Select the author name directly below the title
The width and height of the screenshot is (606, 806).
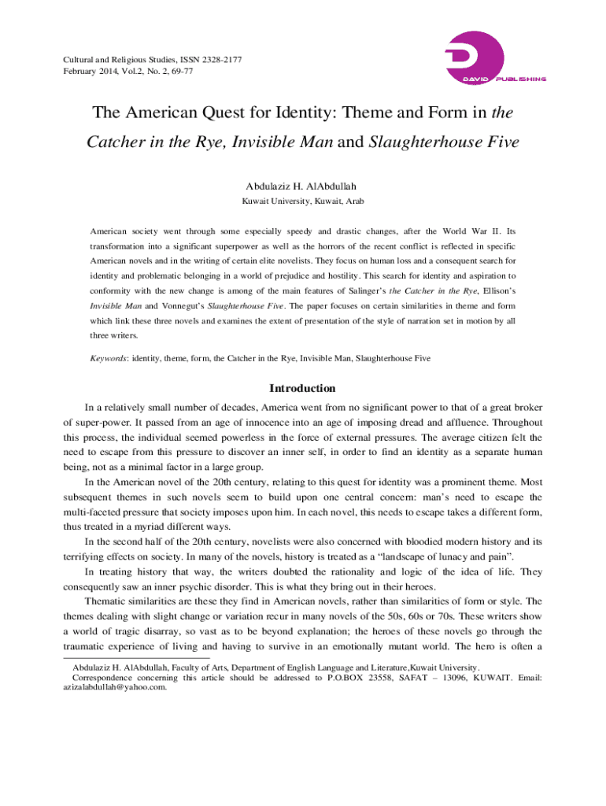[302, 187]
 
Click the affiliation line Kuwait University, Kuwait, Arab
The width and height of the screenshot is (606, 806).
[302, 202]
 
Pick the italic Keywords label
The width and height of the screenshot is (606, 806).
[109, 358]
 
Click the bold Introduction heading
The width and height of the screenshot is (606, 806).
[302, 389]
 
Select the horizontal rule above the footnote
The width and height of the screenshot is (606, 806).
[135, 658]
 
